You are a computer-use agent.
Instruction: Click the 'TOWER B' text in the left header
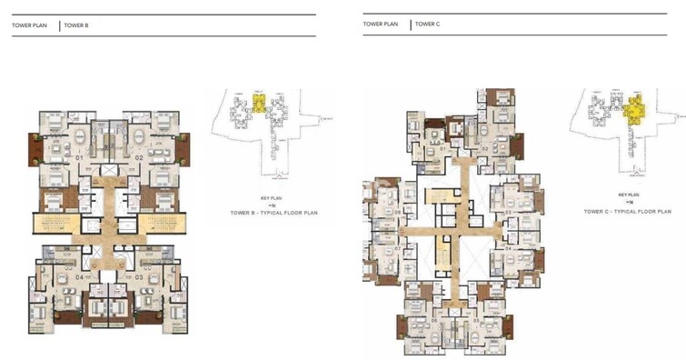click(x=76, y=25)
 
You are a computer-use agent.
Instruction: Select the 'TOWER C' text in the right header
click(x=427, y=25)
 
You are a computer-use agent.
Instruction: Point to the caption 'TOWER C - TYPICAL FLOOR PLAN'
click(x=627, y=211)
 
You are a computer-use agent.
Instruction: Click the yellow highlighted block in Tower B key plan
click(x=261, y=104)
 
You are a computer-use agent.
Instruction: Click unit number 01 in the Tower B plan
click(x=80, y=158)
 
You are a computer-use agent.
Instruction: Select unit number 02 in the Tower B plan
click(x=140, y=158)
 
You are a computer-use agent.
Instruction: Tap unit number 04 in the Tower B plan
click(x=80, y=276)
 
